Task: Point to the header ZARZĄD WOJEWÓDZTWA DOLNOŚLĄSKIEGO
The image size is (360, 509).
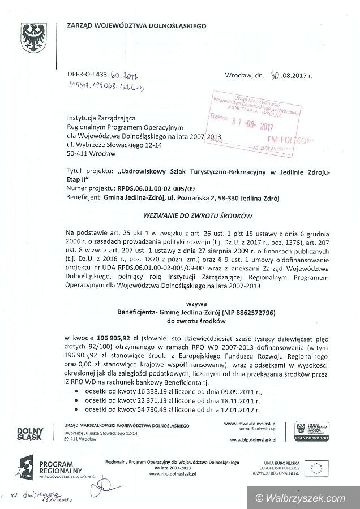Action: click(x=136, y=25)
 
